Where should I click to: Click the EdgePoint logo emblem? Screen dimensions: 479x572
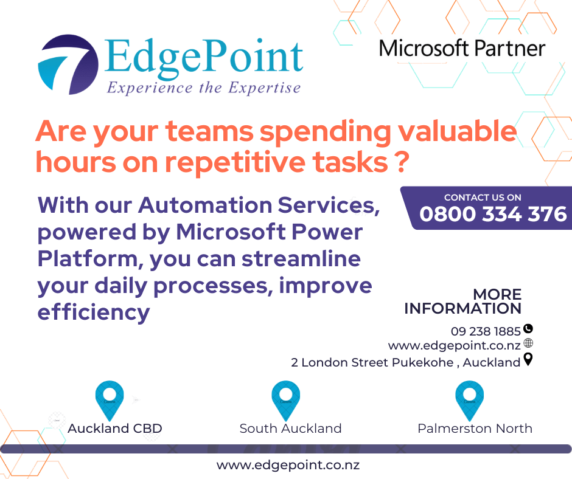coord(68,64)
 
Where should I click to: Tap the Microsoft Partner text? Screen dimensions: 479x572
coord(462,48)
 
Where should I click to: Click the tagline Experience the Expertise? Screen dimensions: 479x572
coord(203,88)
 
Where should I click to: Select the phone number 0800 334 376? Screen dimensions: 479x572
coord(493,214)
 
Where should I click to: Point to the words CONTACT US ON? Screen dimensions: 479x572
coord(483,197)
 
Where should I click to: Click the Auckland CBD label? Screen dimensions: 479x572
coord(115,429)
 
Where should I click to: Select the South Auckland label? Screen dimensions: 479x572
coord(290,429)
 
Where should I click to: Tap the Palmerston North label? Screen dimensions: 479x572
coord(475,429)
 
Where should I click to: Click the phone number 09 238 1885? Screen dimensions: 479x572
coord(486,331)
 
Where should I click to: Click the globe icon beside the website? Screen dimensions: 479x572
coord(528,344)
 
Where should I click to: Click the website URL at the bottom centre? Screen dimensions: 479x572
coord(288,466)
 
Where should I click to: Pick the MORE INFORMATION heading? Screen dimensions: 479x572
coord(462,302)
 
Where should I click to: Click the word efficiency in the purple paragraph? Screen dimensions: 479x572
coord(94,312)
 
